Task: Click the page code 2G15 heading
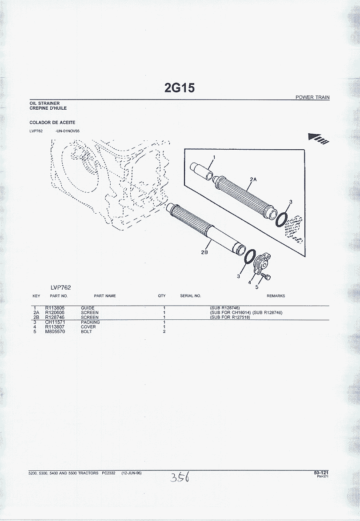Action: click(180, 87)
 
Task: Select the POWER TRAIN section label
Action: click(312, 97)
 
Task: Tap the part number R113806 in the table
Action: click(55, 308)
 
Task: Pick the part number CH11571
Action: click(54, 322)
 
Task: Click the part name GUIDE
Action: click(88, 308)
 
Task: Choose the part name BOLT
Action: click(86, 332)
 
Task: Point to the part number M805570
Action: click(55, 332)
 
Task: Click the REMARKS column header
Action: click(276, 296)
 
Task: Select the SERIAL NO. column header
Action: click(191, 296)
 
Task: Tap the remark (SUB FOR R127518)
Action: click(230, 317)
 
